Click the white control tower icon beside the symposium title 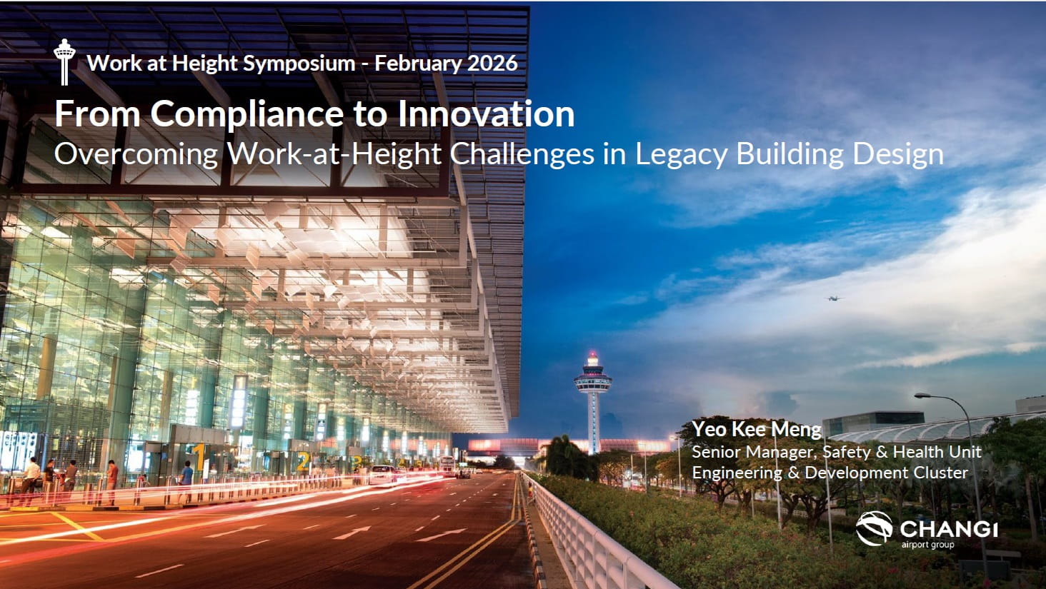(x=64, y=62)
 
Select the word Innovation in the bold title (x=486, y=114)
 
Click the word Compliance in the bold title (x=247, y=114)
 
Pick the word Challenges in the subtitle (x=522, y=154)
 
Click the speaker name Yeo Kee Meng (x=756, y=429)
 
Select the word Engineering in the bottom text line (x=737, y=473)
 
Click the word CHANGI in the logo (x=948, y=529)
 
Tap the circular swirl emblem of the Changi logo (x=874, y=528)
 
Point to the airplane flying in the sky (x=834, y=298)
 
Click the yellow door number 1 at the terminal (x=199, y=458)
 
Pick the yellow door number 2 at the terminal (x=303, y=461)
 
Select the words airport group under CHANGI (x=927, y=545)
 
